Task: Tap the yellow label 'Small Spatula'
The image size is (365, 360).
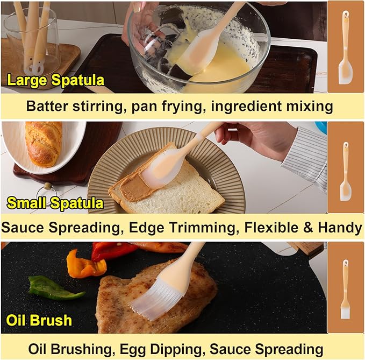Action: click(54, 203)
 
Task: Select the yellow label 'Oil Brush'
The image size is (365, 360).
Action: click(39, 320)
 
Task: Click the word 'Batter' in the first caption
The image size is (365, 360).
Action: click(50, 105)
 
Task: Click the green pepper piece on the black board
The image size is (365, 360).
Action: click(54, 288)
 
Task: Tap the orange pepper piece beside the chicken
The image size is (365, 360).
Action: click(83, 264)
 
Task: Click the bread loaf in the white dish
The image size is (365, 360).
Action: click(43, 143)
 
